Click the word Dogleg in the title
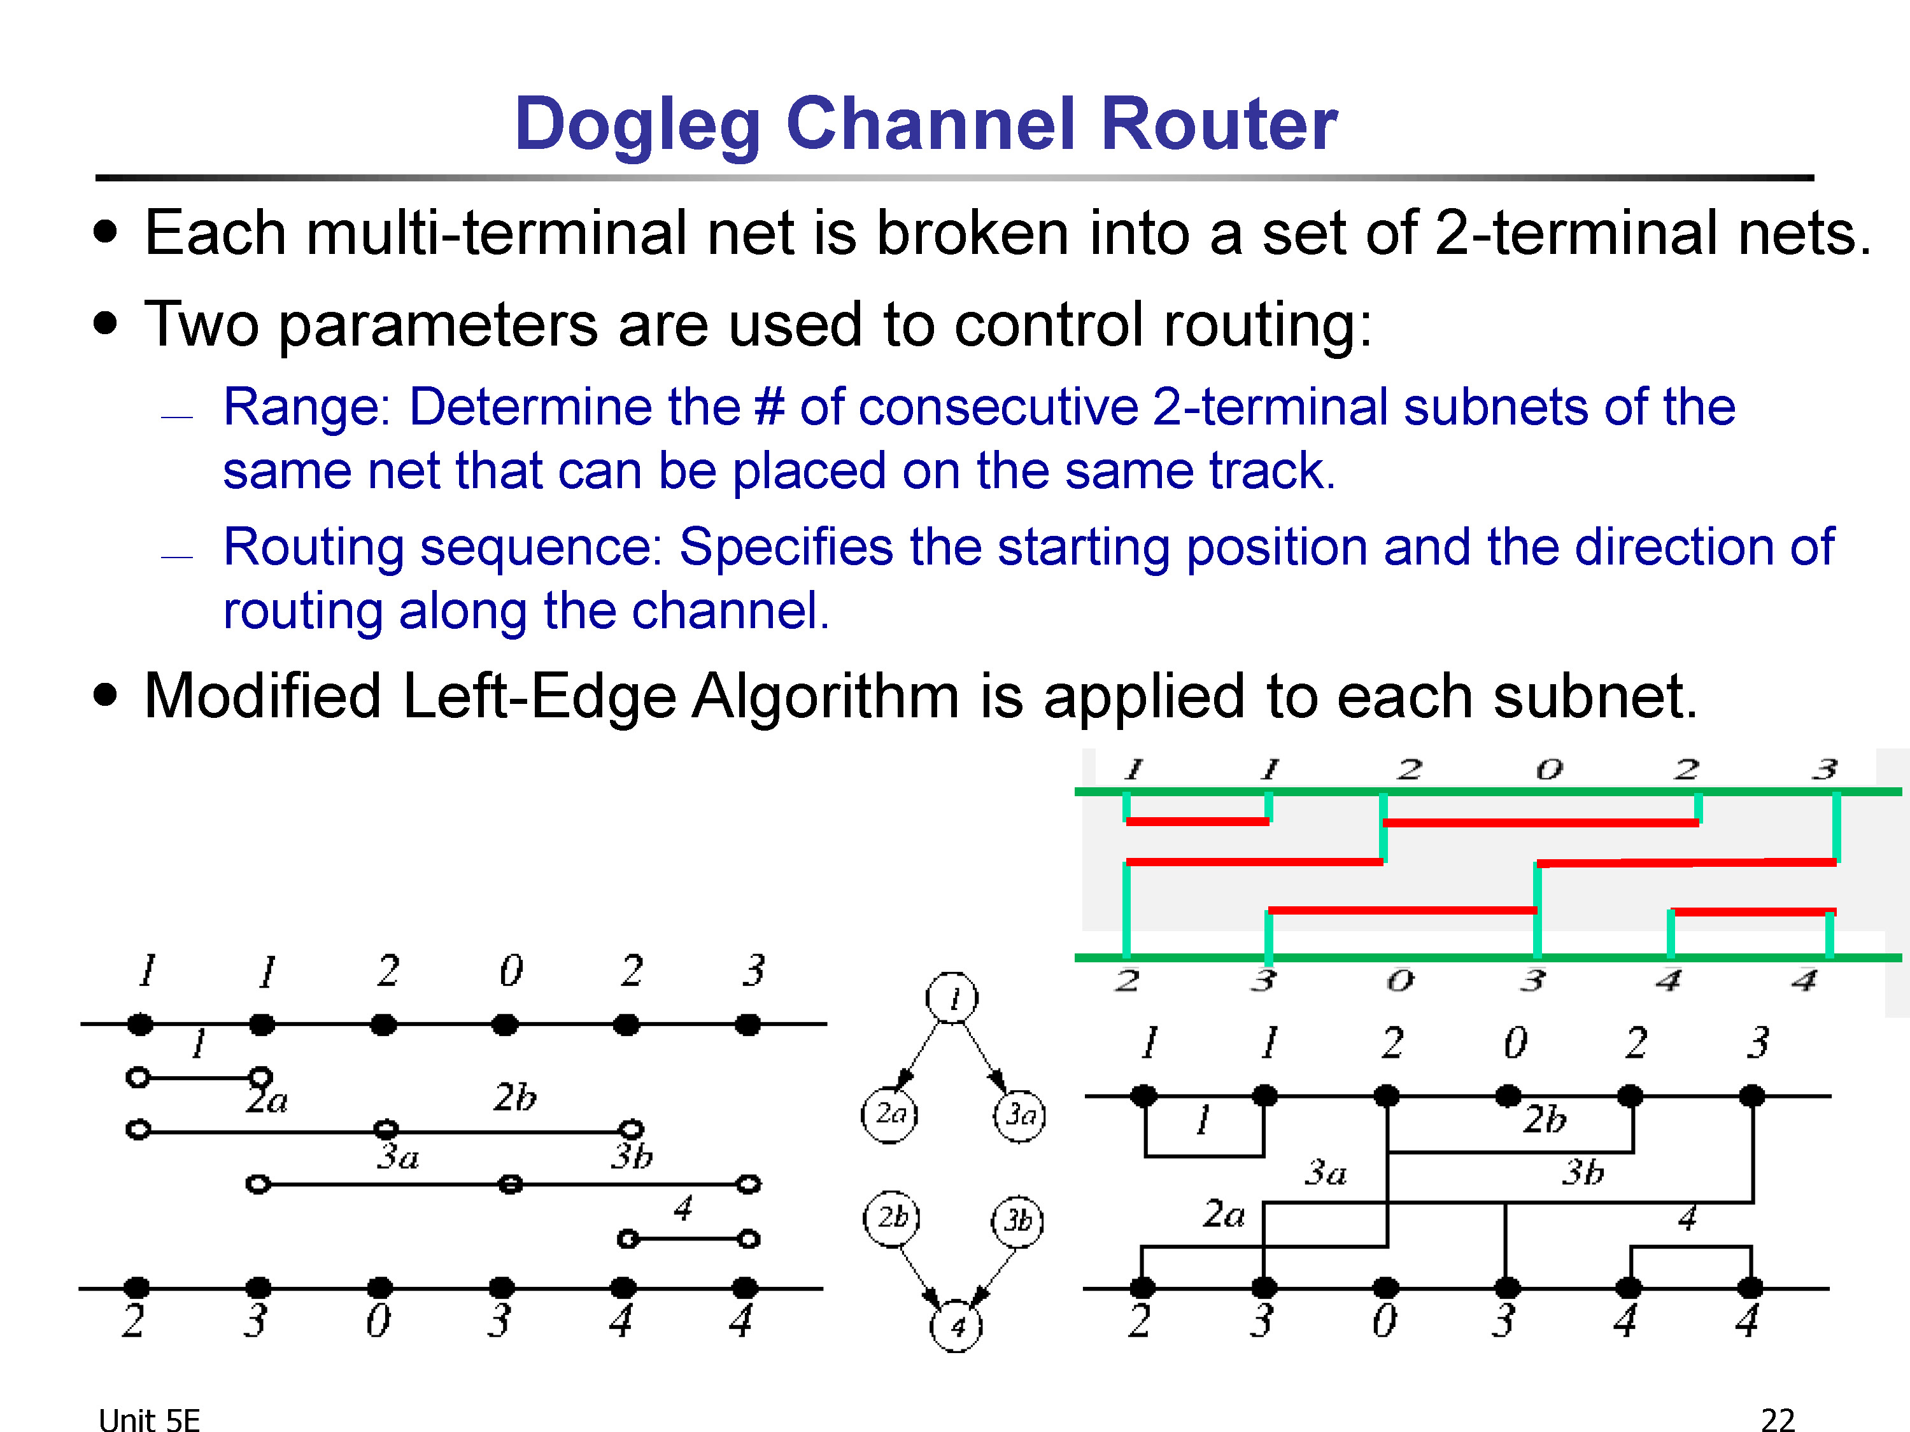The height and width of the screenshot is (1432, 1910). (x=637, y=126)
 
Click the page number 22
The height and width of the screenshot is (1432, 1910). (x=1777, y=1420)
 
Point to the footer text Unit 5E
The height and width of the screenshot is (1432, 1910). (x=150, y=1420)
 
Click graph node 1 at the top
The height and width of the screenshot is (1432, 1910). (x=952, y=999)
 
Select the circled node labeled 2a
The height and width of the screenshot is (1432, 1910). (x=889, y=1114)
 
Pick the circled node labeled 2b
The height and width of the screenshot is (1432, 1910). (x=892, y=1219)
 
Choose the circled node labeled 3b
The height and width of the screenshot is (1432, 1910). (x=1018, y=1221)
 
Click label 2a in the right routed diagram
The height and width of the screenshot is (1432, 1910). (x=1224, y=1214)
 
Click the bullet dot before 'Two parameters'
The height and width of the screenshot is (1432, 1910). (x=105, y=324)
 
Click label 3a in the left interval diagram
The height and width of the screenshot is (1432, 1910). (x=398, y=1156)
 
